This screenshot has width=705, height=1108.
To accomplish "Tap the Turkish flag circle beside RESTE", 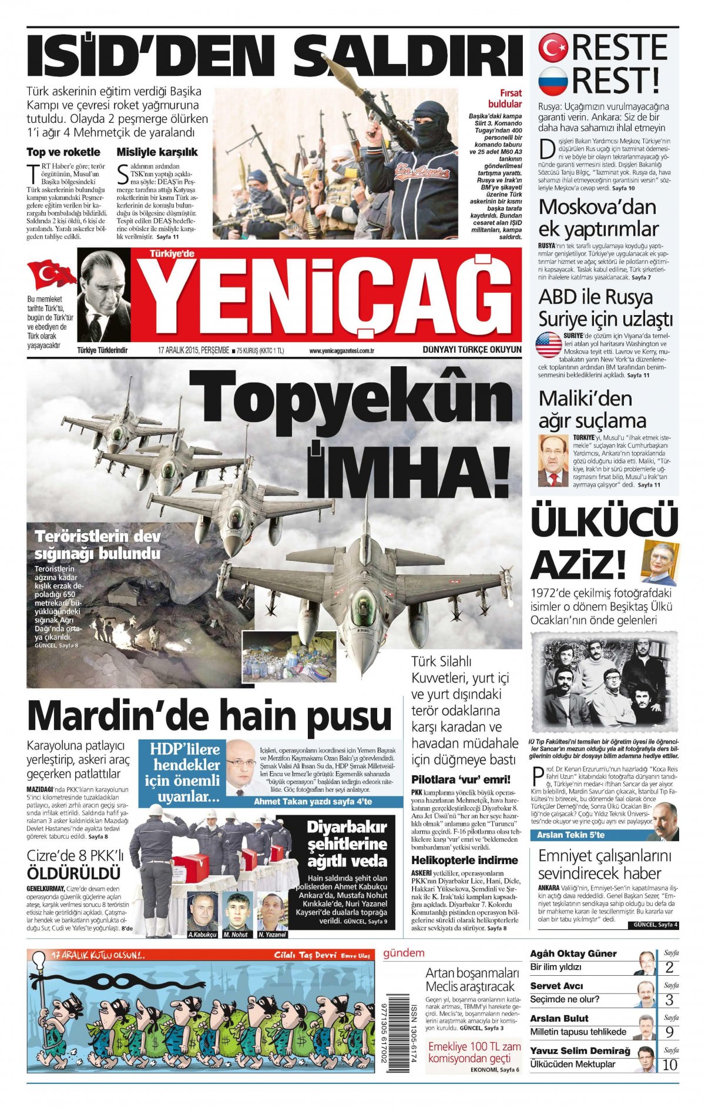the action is tap(553, 48).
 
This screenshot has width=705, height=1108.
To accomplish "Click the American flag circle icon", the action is tap(549, 345).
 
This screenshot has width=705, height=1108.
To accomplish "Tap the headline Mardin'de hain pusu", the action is tap(209, 716).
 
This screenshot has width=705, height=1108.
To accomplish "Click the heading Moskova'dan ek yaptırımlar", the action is tap(598, 217).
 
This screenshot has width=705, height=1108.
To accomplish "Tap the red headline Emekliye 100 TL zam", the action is tap(474, 1047).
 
